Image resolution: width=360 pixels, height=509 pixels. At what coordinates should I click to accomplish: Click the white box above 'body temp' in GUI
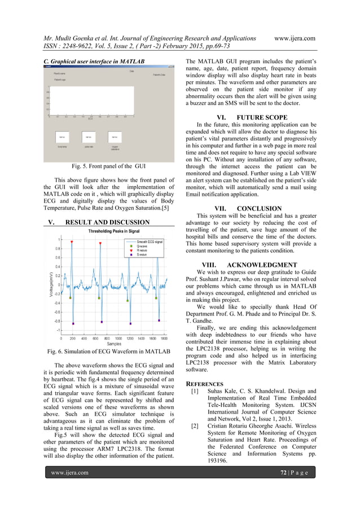pyautogui.click(x=62, y=137)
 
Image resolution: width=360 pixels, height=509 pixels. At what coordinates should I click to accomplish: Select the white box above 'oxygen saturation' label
pyautogui.click(x=115, y=137)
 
